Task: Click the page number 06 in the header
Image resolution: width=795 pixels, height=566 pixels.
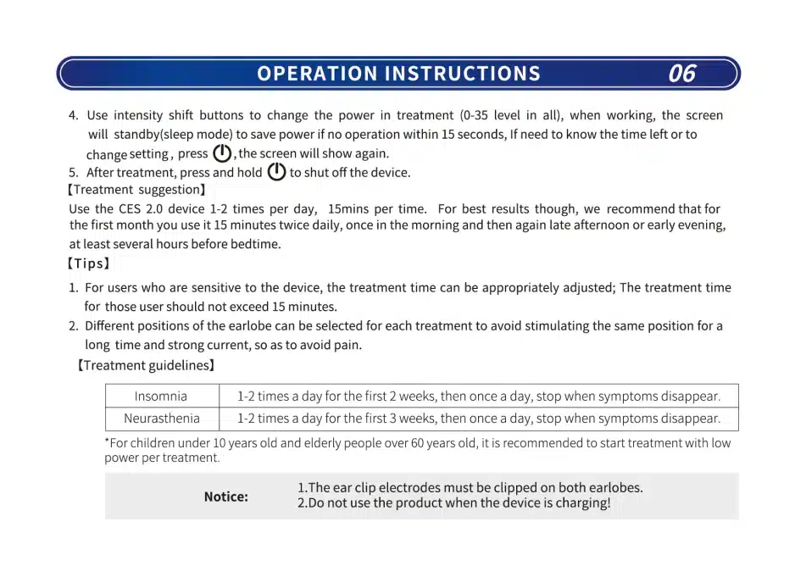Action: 681,74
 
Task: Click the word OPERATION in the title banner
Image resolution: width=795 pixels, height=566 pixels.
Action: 317,74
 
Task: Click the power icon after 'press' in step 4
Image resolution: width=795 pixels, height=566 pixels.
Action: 222,153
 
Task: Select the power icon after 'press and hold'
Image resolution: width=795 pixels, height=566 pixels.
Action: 276,172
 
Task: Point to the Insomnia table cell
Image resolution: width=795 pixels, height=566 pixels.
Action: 161,396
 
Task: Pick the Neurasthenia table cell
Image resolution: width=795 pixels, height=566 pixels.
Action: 162,418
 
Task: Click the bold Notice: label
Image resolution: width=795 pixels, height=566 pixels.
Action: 225,497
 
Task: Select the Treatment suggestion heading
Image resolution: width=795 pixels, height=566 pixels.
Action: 136,190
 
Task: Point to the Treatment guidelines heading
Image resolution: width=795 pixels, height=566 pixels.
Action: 146,365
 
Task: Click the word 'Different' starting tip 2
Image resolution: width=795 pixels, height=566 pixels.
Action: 108,326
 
